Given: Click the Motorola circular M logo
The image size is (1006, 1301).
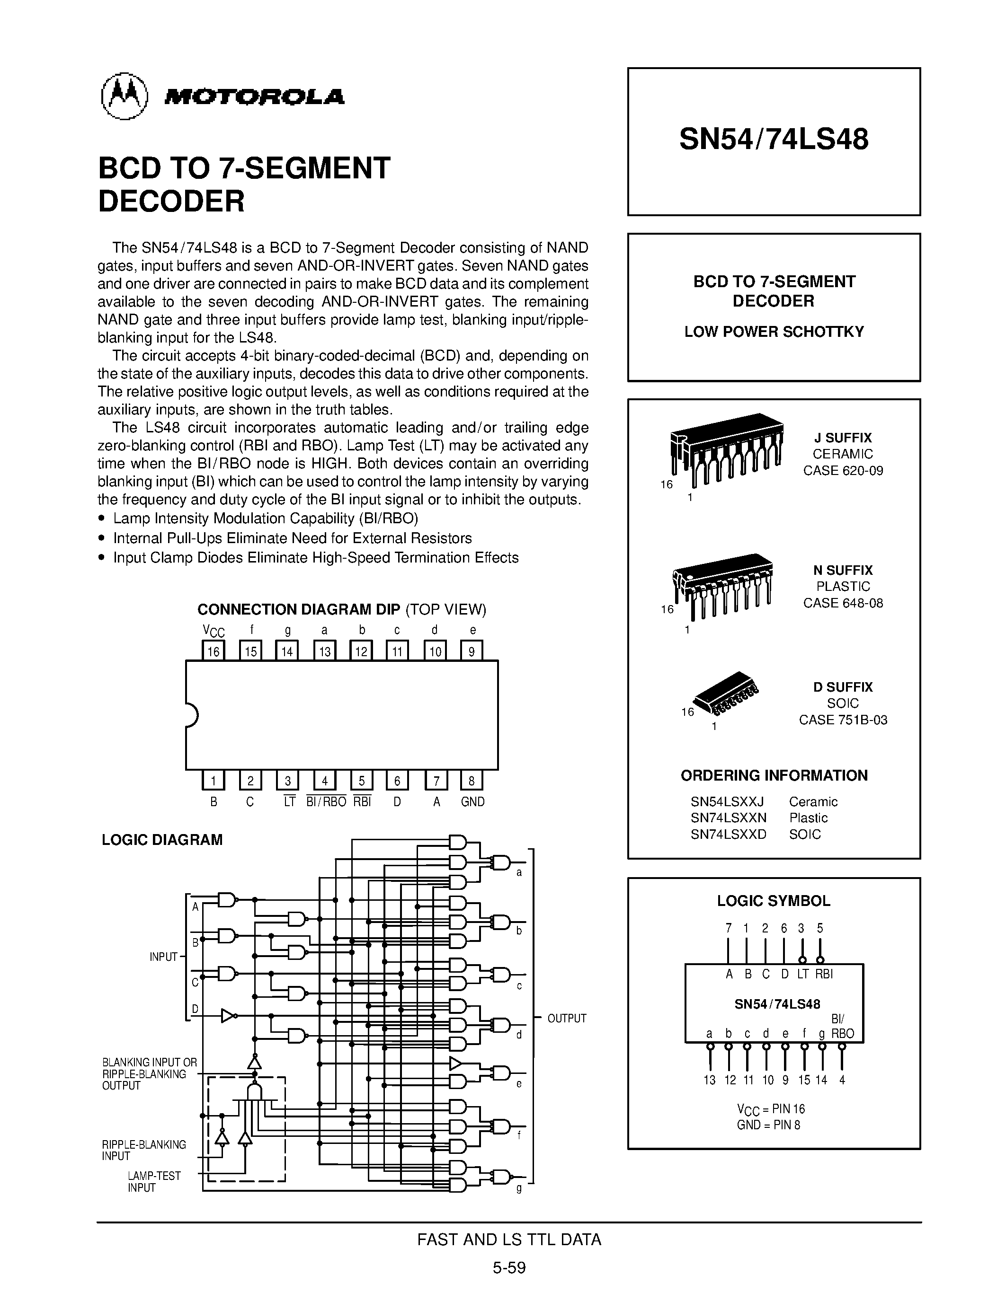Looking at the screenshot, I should click(124, 96).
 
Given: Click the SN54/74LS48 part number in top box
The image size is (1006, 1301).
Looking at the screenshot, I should click(774, 140).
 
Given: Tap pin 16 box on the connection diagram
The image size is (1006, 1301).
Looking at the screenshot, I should click(214, 650).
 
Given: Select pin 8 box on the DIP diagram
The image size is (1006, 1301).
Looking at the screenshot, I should click(472, 780).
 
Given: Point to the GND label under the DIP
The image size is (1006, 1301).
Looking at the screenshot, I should click(472, 802).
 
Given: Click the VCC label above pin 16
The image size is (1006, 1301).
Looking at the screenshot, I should click(214, 631).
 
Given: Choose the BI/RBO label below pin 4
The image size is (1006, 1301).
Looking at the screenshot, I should click(326, 802).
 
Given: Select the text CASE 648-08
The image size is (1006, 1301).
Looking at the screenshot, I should click(843, 603).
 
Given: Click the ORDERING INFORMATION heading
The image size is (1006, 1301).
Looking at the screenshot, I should click(774, 775).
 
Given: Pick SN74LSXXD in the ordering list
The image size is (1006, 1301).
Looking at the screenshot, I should click(728, 834).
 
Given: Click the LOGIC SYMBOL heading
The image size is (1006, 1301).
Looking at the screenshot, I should click(774, 901).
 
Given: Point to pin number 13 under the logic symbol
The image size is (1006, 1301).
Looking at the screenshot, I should click(709, 1080).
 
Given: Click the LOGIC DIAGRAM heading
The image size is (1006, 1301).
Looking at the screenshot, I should click(162, 840).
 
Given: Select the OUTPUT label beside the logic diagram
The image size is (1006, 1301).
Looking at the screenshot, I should click(567, 1019).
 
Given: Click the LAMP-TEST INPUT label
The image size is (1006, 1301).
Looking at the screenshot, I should click(154, 1182).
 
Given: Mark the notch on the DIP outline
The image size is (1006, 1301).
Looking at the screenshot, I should click(192, 715).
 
